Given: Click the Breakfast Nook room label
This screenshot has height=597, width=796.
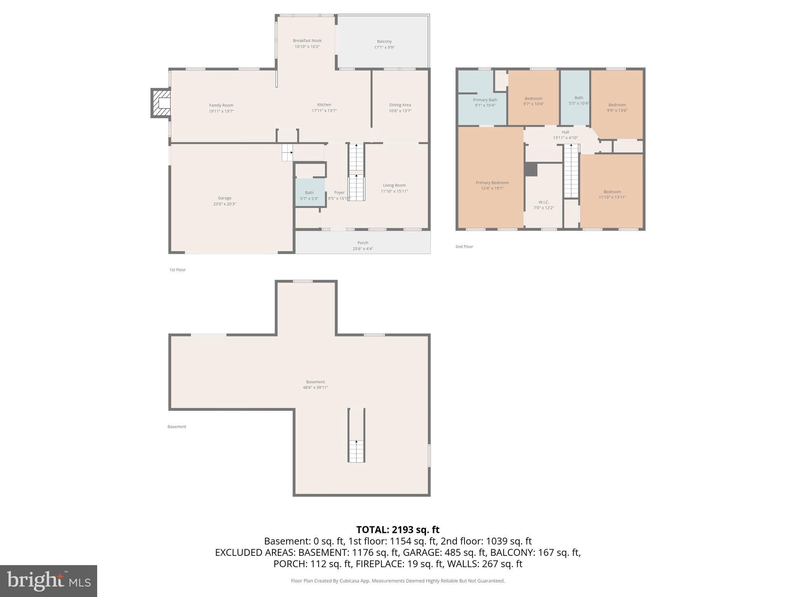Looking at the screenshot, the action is (307, 40).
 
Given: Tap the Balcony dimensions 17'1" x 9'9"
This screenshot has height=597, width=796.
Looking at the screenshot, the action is (384, 47).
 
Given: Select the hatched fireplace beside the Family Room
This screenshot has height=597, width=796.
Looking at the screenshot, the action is (161, 103).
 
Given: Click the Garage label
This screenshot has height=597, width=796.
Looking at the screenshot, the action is (225, 198).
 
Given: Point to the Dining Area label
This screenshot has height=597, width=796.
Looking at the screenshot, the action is (400, 105).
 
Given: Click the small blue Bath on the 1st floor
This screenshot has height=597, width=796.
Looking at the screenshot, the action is (310, 192).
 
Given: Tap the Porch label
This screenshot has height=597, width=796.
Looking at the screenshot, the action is (363, 243).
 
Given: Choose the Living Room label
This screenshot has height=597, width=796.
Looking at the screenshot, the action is (394, 185).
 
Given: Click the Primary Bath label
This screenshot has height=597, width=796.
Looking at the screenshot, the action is (485, 100).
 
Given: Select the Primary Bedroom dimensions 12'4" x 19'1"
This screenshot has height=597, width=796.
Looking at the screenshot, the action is (492, 189).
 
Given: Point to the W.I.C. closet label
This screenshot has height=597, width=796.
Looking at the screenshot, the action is (544, 202).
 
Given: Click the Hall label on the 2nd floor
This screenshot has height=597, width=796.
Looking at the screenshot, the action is (565, 132).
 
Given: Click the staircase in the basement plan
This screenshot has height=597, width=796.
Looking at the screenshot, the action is (356, 435).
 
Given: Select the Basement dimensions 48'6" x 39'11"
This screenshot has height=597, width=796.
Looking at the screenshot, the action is (315, 388).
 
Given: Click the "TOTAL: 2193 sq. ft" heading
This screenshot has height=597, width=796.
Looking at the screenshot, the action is (398, 529).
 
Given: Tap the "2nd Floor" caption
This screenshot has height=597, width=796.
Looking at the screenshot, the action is (464, 246).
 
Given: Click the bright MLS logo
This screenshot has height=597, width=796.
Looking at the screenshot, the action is (49, 581).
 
